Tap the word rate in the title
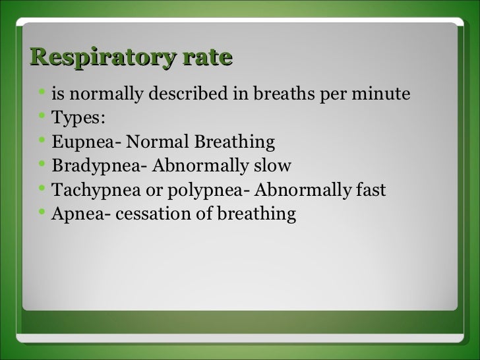pos(208,57)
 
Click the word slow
pos(272,166)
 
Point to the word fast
pos(371,191)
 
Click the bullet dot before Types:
pos(42,117)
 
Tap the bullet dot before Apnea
pos(42,213)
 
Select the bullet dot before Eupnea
pos(42,141)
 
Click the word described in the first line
pos(189,95)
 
